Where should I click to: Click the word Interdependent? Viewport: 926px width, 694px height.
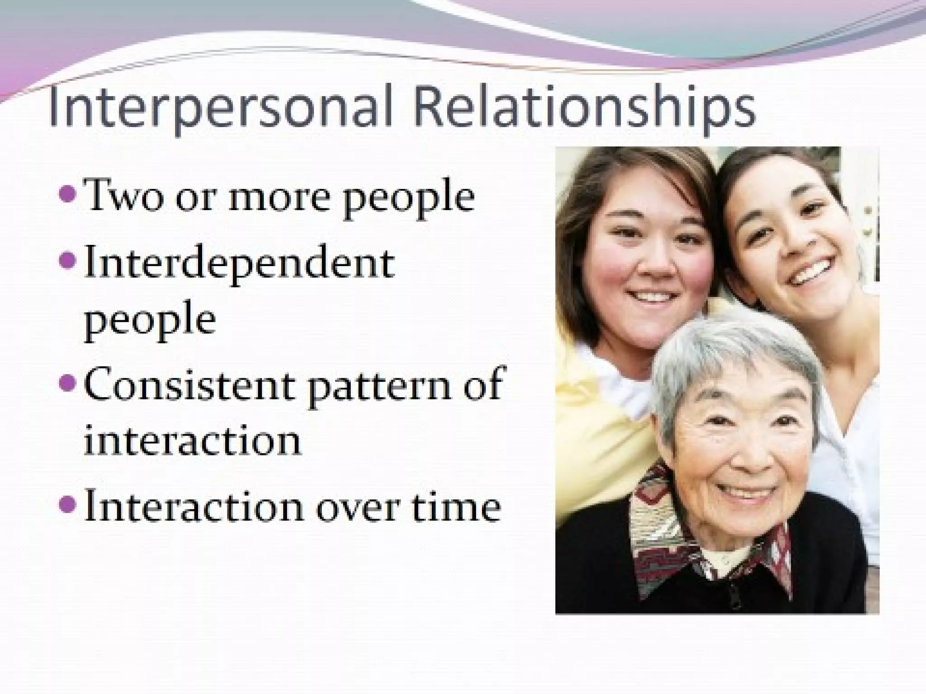[239, 264]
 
